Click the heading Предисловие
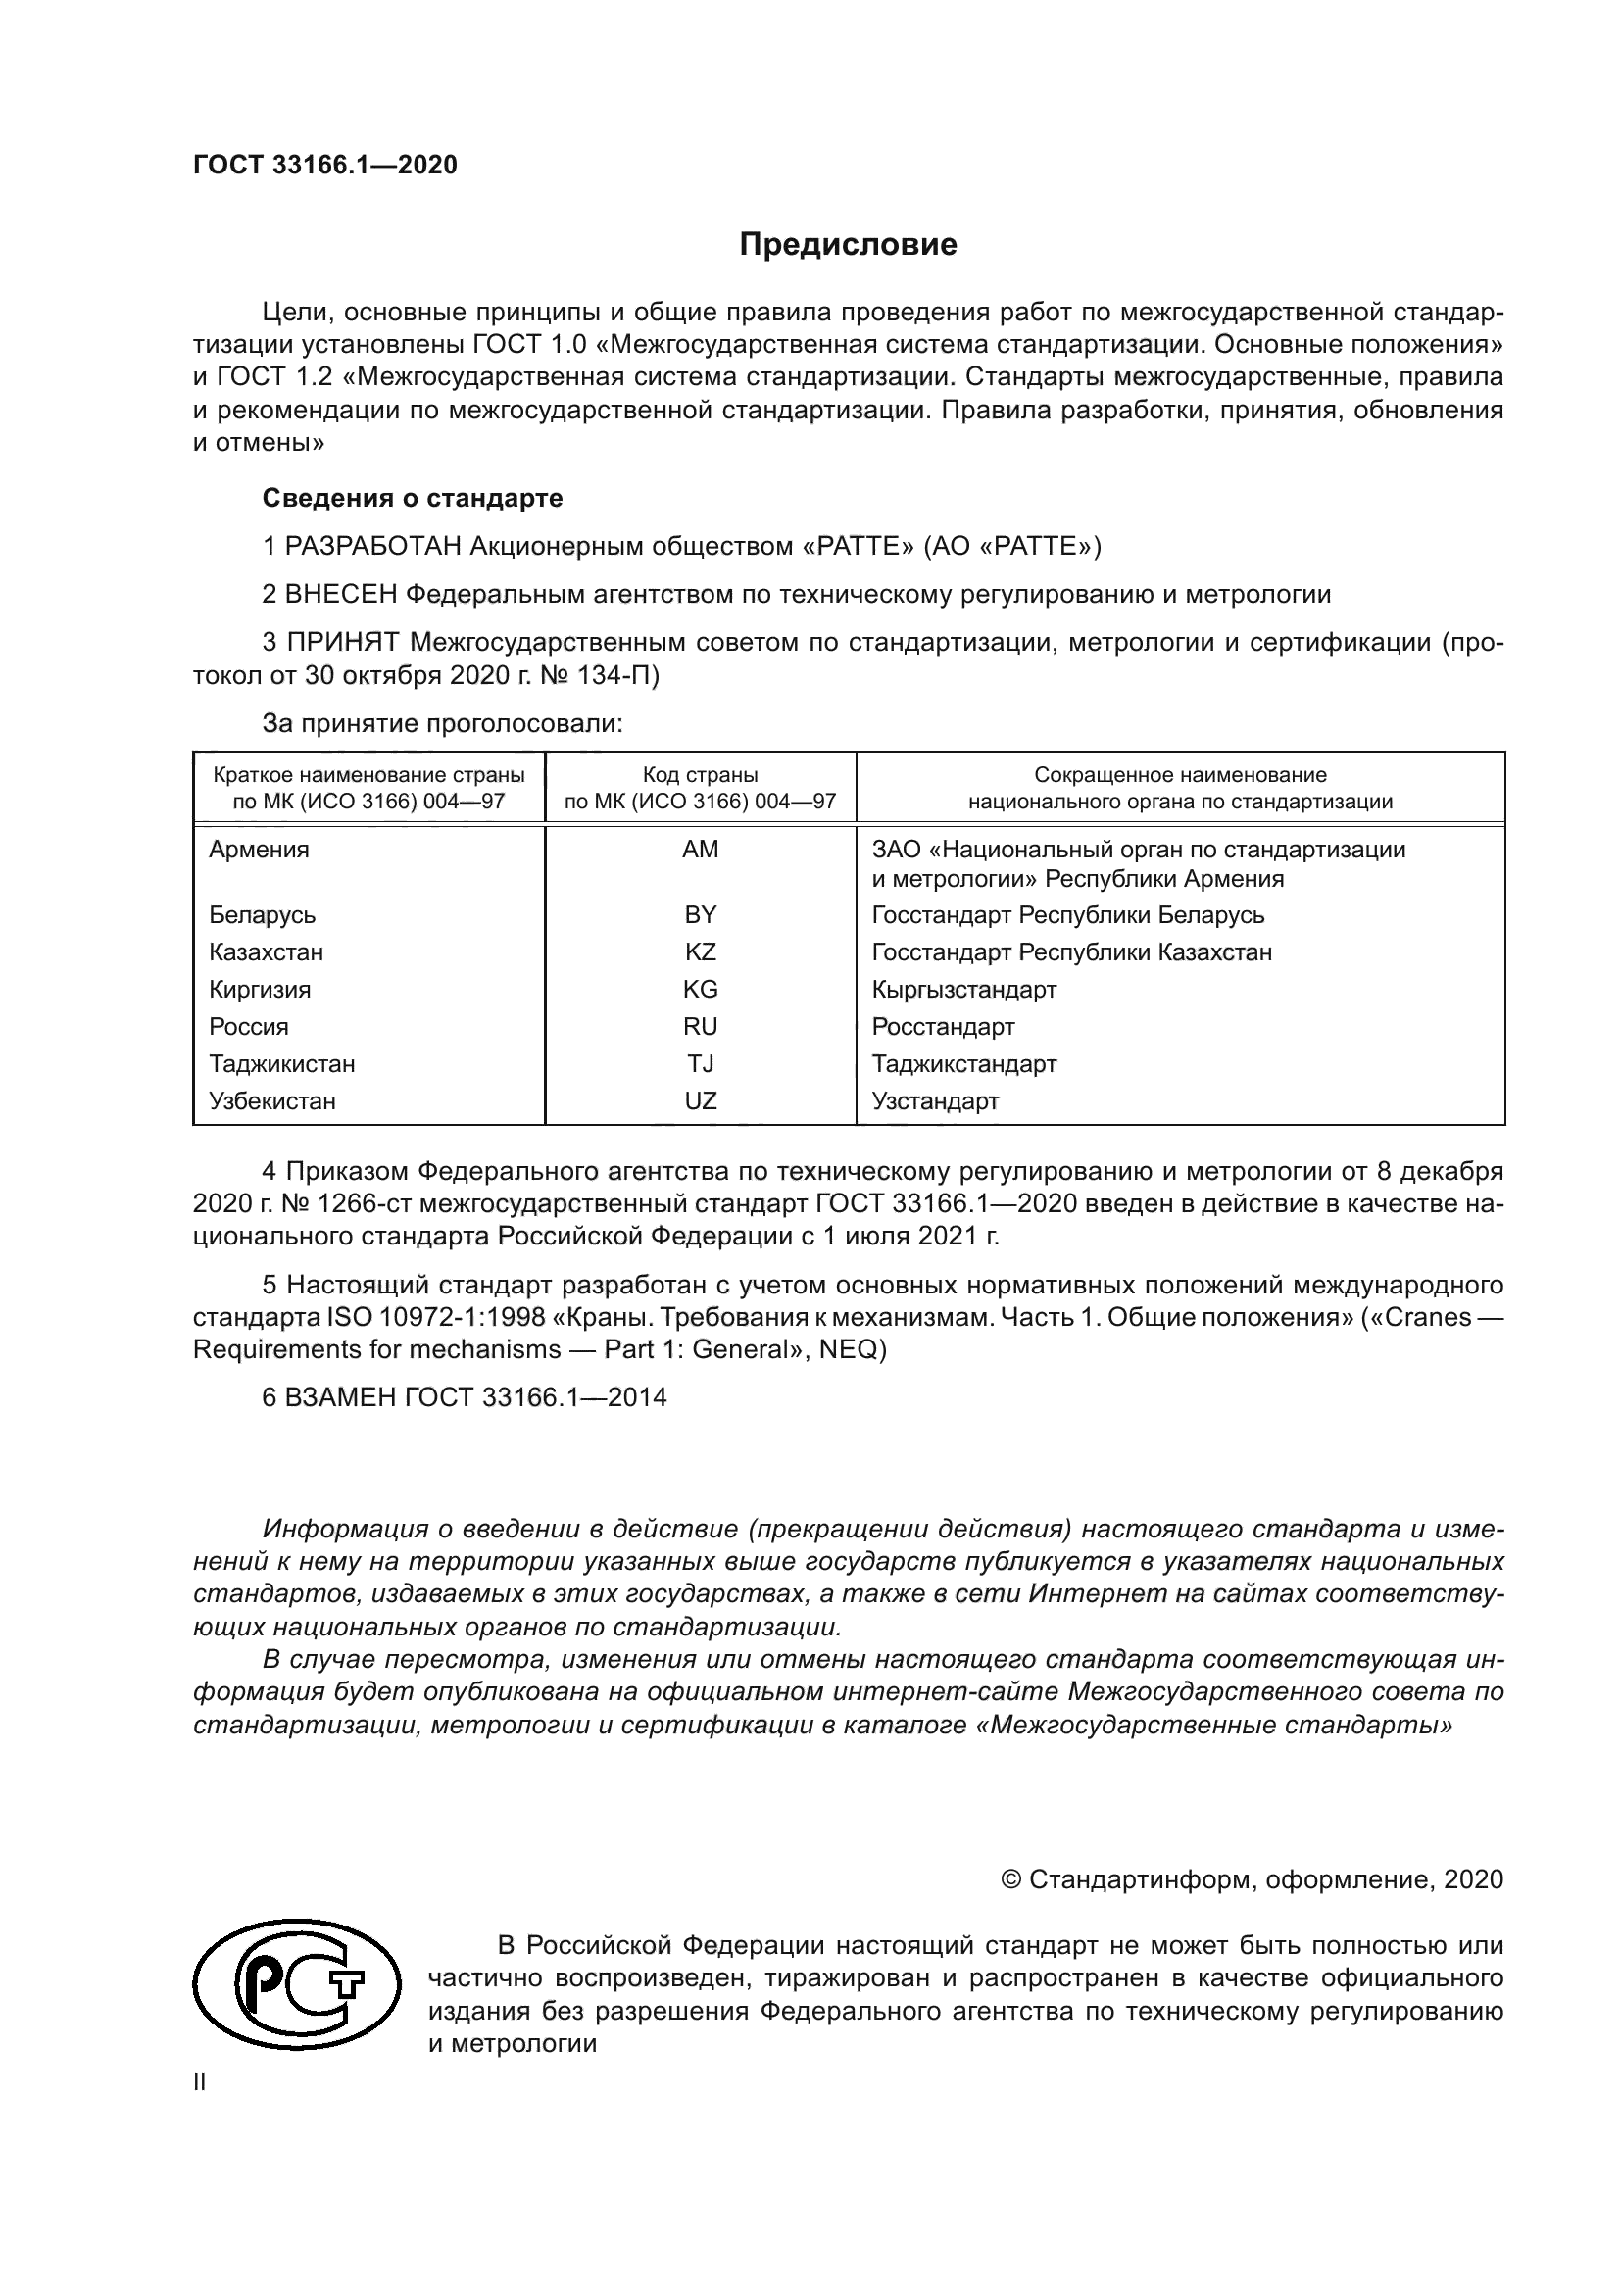pyautogui.click(x=848, y=245)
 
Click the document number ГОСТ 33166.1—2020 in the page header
pyautogui.click(x=324, y=165)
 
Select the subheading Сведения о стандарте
pyautogui.click(x=413, y=497)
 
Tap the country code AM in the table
pyautogui.click(x=700, y=850)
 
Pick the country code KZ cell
pyautogui.click(x=700, y=952)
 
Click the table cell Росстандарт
pyautogui.click(x=942, y=1026)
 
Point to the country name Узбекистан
pyautogui.click(x=271, y=1101)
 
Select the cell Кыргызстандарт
pyautogui.click(x=963, y=990)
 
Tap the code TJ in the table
pyautogui.click(x=700, y=1064)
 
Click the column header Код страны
pyautogui.click(x=700, y=775)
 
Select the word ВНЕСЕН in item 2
pyautogui.click(x=341, y=594)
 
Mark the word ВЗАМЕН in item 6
pyautogui.click(x=341, y=1397)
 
